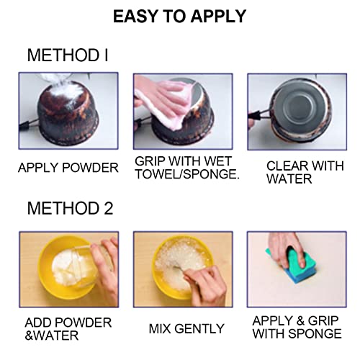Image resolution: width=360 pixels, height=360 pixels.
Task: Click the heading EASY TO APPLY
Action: pyautogui.click(x=179, y=17)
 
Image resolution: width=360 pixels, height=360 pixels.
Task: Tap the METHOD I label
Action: pyautogui.click(x=69, y=55)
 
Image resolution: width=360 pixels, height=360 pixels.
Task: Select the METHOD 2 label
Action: pyautogui.click(x=71, y=208)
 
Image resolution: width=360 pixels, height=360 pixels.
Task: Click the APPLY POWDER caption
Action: pyautogui.click(x=68, y=168)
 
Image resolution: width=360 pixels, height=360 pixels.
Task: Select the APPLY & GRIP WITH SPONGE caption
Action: pyautogui.click(x=297, y=327)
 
